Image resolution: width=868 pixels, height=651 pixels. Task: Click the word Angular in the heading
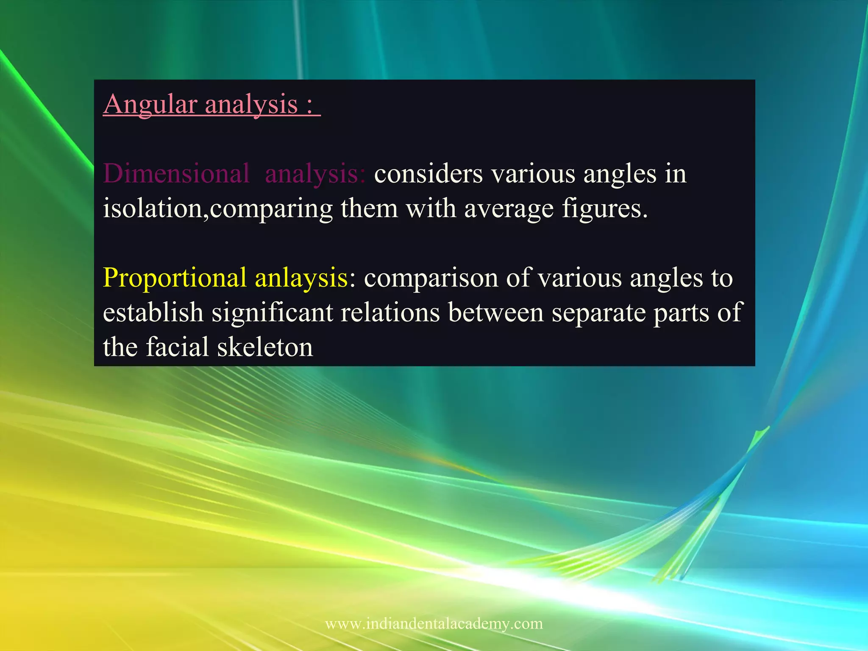tap(150, 104)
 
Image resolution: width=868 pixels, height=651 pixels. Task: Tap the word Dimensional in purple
tap(176, 174)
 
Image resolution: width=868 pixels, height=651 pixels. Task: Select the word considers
tap(428, 174)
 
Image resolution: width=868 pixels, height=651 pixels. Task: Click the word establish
tap(153, 313)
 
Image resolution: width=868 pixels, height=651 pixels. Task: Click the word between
tap(495, 313)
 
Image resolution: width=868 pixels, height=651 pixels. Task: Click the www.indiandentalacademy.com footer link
tap(434, 623)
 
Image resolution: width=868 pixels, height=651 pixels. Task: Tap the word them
tap(369, 209)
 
